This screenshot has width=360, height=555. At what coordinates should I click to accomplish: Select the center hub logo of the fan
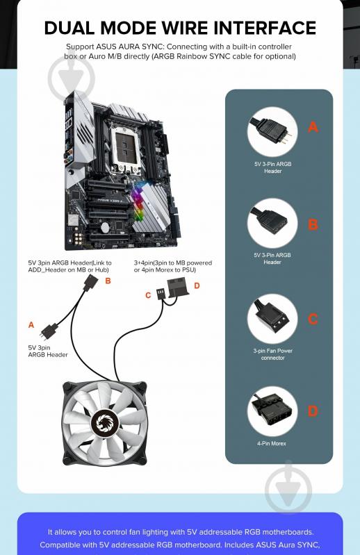106,422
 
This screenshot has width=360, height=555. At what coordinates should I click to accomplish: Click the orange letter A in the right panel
313,126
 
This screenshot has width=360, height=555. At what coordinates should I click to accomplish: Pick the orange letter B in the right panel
313,224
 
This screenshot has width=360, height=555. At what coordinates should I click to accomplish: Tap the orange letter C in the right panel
313,319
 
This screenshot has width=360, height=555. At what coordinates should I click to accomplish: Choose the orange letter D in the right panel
313,411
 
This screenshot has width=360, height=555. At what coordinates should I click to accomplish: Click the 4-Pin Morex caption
272,443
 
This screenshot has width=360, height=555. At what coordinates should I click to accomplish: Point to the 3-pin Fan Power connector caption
272,354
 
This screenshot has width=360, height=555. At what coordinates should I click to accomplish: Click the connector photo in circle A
272,132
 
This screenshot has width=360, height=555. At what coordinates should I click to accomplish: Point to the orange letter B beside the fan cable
108,281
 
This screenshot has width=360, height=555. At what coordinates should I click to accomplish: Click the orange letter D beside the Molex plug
197,285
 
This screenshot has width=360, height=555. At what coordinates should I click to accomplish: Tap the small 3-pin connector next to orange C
161,293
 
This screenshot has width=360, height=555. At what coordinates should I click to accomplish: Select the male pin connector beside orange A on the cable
49,330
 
